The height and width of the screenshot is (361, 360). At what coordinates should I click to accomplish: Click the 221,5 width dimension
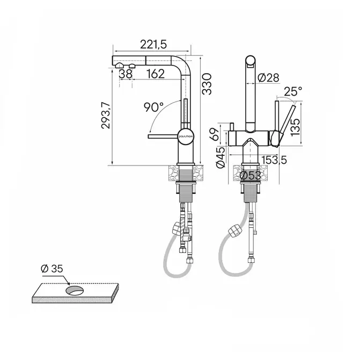pyautogui.click(x=153, y=44)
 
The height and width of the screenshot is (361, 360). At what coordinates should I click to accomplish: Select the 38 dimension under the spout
pyautogui.click(x=126, y=74)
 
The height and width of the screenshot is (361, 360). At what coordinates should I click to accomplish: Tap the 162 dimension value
pyautogui.click(x=156, y=74)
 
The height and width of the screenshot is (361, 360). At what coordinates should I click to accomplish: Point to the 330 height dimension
pyautogui.click(x=207, y=84)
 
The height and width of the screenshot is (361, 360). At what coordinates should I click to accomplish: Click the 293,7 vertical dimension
pyautogui.click(x=106, y=115)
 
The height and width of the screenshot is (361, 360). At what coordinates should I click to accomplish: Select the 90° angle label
pyautogui.click(x=153, y=107)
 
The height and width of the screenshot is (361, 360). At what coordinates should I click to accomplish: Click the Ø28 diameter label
pyautogui.click(x=268, y=78)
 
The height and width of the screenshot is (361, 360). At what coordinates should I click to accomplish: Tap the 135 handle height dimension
pyautogui.click(x=295, y=127)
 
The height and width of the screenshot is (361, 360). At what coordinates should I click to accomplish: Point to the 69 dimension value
pyautogui.click(x=214, y=134)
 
